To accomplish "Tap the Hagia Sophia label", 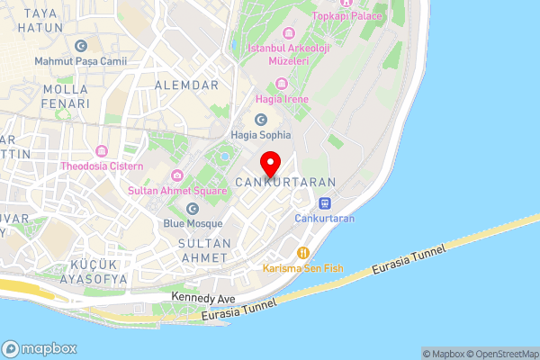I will click(x=262, y=134).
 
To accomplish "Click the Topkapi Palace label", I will click(x=346, y=15).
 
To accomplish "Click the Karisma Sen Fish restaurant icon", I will click(x=303, y=253).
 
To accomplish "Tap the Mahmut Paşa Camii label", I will click(x=81, y=61).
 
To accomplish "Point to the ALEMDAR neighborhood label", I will click(x=187, y=85).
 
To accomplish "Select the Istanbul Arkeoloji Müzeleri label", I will click(x=278, y=53).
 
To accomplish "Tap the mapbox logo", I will click(x=40, y=348).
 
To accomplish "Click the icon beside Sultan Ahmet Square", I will click(x=177, y=175).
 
